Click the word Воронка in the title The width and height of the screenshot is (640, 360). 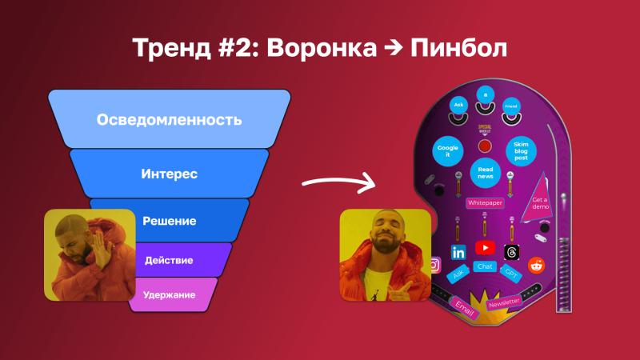click(320, 48)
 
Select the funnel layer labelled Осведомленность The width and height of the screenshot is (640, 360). click(169, 120)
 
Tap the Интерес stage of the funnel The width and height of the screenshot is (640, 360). click(169, 173)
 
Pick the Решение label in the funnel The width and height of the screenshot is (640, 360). click(169, 220)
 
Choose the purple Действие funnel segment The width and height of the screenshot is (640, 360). click(169, 260)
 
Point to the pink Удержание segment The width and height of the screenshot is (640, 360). click(169, 294)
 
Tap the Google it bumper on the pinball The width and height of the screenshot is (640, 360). click(448, 150)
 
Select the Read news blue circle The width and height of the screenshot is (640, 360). click(485, 171)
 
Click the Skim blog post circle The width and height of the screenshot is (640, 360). click(521, 150)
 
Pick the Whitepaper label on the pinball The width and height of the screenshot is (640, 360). click(485, 203)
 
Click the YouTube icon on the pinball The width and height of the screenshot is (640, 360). click(485, 248)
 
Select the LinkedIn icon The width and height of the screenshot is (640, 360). click(458, 252)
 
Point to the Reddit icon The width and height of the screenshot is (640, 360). click(534, 266)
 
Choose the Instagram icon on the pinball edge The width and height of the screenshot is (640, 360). click(434, 264)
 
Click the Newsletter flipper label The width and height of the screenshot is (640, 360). click(504, 302)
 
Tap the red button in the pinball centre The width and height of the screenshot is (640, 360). click(485, 146)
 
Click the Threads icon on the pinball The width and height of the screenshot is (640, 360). click(512, 251)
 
